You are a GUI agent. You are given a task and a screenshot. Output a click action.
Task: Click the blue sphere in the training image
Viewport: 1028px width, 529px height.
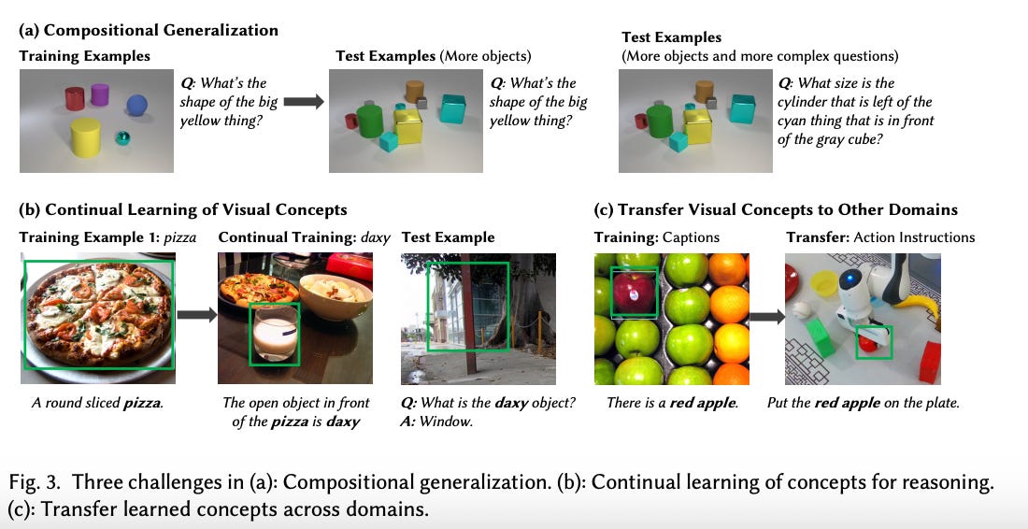[137, 104]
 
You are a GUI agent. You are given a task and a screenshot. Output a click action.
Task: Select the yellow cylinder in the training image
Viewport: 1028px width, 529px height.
[86, 136]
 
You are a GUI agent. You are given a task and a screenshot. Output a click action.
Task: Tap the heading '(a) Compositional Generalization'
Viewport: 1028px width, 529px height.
[149, 30]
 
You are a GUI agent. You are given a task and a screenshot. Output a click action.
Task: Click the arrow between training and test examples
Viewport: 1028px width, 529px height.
[302, 102]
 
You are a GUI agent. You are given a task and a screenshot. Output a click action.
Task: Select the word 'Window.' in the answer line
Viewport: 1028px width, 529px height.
[447, 422]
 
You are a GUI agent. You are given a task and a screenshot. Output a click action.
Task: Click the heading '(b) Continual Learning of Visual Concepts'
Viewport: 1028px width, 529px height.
[183, 209]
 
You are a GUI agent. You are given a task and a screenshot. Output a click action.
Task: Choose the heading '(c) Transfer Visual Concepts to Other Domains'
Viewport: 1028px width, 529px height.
[776, 209]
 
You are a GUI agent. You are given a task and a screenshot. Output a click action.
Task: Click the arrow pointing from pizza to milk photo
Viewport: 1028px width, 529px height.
[195, 315]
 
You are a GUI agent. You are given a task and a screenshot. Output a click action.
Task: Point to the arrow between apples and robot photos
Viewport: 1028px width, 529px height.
[767, 318]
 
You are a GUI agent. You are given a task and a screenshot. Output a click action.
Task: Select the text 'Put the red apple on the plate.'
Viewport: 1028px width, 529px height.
[863, 404]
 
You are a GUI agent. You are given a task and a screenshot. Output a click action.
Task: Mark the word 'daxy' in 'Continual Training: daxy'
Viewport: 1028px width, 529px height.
[376, 237]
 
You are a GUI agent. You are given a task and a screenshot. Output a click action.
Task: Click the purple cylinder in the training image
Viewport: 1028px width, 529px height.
[99, 94]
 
